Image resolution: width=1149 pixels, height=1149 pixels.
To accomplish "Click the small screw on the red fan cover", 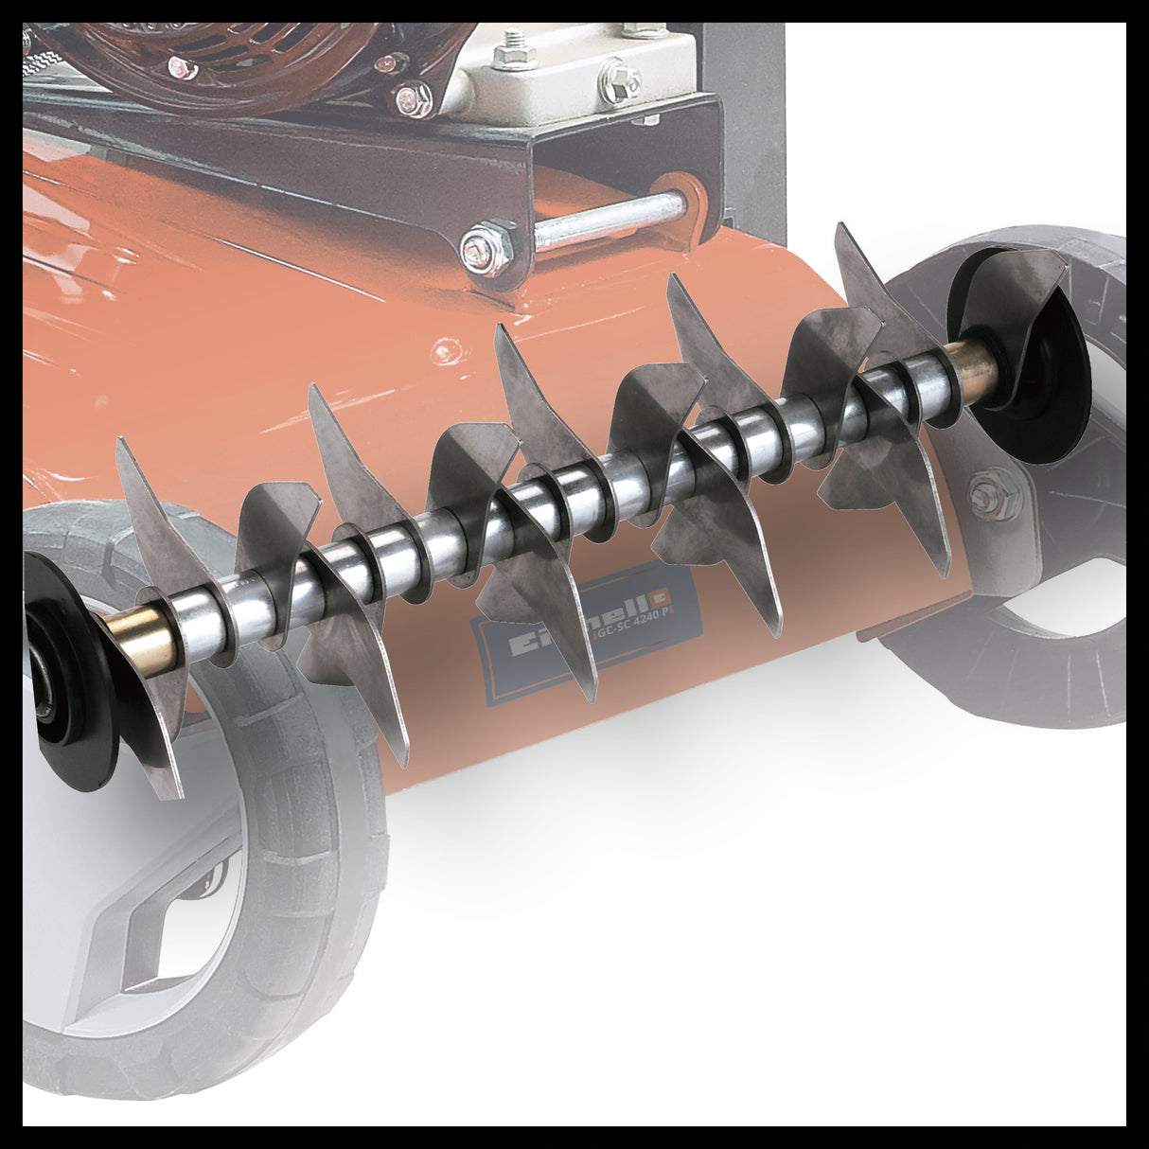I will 180,65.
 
